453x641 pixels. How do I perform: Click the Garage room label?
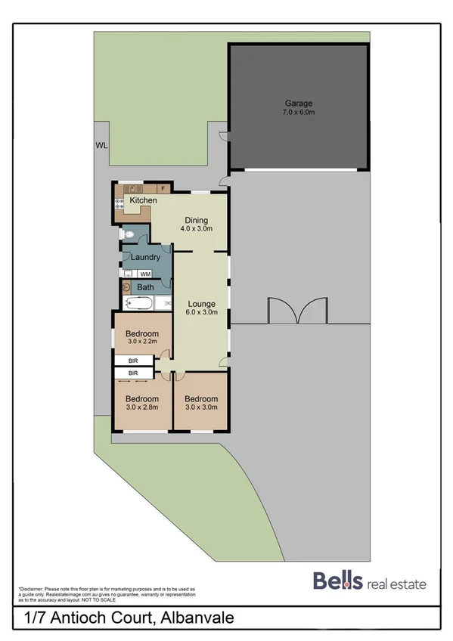click(x=298, y=104)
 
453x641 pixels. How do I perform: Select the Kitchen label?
click(x=143, y=200)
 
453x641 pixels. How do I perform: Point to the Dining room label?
click(x=194, y=221)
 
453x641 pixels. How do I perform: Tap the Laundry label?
click(x=144, y=257)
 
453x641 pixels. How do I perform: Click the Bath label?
click(x=145, y=287)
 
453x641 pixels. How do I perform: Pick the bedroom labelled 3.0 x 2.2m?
click(x=142, y=338)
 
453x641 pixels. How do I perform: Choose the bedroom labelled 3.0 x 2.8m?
click(x=142, y=403)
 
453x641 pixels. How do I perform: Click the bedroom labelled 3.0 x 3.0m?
click(x=202, y=403)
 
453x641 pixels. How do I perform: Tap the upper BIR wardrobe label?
click(x=133, y=361)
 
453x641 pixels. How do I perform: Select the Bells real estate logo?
click(x=370, y=583)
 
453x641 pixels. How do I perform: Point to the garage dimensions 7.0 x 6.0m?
click(x=298, y=113)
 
